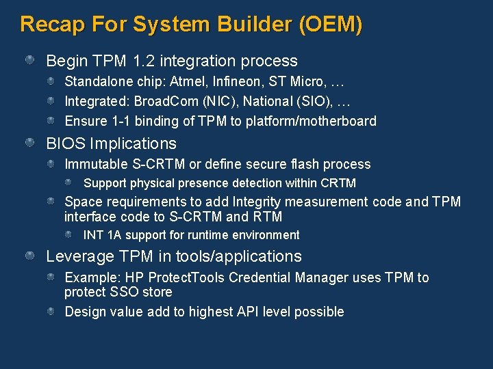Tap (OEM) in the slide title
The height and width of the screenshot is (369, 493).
(331, 25)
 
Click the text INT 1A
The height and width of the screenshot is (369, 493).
(101, 235)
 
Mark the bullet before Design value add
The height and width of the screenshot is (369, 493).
(52, 312)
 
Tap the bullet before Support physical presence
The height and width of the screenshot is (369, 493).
(71, 183)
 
